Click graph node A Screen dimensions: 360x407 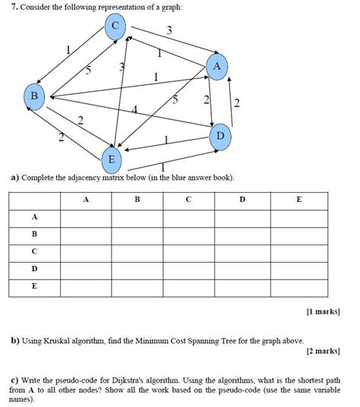(x=216, y=67)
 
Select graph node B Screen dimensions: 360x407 (x=34, y=96)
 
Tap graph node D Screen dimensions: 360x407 (x=220, y=135)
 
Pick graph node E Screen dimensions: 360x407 (x=111, y=159)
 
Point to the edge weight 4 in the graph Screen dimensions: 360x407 (x=134, y=111)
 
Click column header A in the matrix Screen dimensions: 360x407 (x=86, y=200)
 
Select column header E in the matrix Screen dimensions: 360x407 (x=298, y=200)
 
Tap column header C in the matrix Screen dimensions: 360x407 (x=189, y=200)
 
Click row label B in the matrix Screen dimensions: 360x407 (x=34, y=234)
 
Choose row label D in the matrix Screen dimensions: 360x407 (x=34, y=269)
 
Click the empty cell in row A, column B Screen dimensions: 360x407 (x=137, y=217)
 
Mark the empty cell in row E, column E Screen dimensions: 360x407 (x=298, y=286)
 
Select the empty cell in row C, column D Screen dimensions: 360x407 (x=242, y=251)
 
